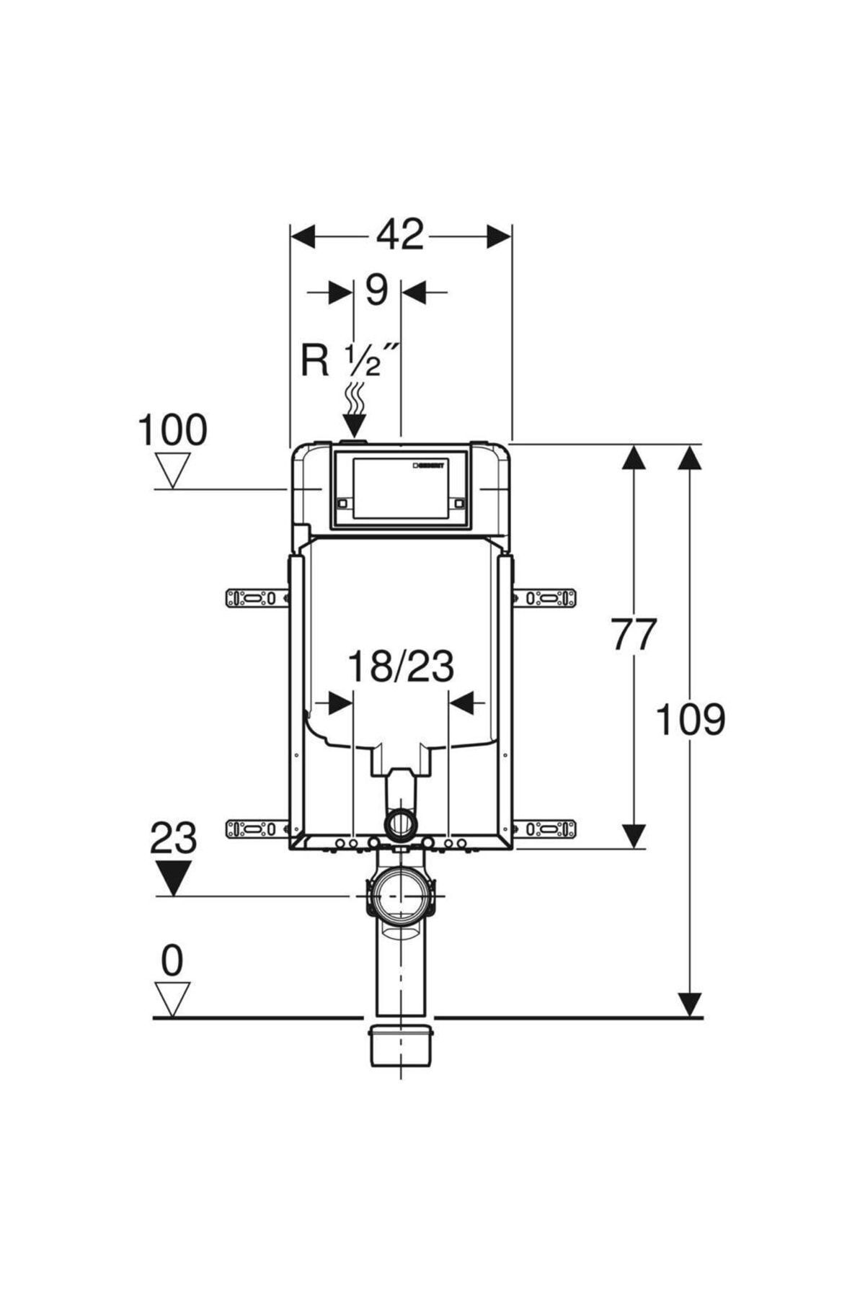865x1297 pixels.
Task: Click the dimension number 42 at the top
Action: pos(401,235)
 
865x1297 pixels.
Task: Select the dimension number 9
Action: pos(376,290)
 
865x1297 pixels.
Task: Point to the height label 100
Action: pos(172,431)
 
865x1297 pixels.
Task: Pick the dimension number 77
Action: pos(634,635)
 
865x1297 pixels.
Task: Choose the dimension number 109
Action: pos(690,720)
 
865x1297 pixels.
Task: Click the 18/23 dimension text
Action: pos(401,667)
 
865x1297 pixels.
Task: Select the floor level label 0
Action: pos(172,961)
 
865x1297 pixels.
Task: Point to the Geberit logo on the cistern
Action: pos(430,465)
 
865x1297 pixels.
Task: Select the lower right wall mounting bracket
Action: pos(546,829)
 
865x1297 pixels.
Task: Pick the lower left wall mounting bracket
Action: pos(257,829)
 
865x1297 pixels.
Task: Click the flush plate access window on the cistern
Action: pos(400,489)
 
